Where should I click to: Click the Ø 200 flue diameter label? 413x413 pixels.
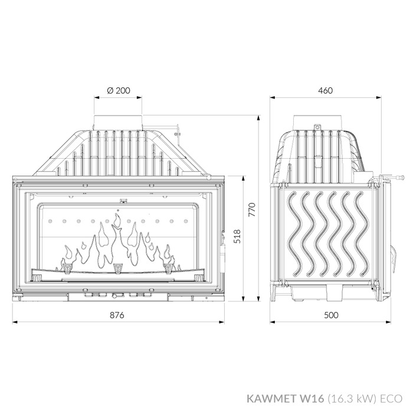119,91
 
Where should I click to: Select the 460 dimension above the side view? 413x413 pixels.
325,91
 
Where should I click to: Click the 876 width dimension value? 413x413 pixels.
117,315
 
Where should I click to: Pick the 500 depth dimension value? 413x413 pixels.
332,315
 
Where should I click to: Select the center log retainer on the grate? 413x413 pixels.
118,268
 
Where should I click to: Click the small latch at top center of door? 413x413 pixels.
122,200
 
